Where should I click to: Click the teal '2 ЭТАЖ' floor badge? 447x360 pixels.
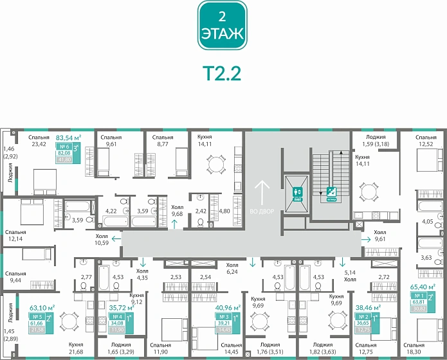click(222, 26)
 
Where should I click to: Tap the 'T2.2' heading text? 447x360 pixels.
click(222, 72)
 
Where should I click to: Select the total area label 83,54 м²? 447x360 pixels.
click(68, 138)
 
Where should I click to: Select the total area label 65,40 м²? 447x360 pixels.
click(423, 287)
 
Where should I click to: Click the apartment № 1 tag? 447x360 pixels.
click(419, 296)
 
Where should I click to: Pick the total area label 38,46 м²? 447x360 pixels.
click(367, 309)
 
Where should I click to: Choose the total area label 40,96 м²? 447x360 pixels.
click(228, 308)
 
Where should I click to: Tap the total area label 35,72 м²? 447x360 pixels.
click(122, 309)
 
